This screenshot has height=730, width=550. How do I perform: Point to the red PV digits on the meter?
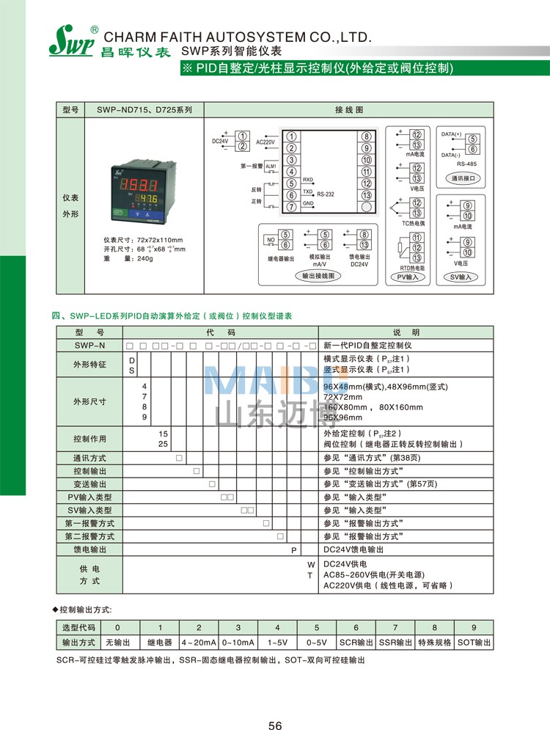tap(139, 184)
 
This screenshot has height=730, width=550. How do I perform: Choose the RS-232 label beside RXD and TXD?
tap(326, 194)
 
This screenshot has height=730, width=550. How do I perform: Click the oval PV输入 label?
tap(408, 277)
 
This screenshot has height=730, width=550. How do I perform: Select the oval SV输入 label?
tap(461, 277)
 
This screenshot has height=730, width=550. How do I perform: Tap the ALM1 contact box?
tap(271, 167)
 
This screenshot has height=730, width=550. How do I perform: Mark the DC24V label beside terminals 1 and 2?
tap(221, 140)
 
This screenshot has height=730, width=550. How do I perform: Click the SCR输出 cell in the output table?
tap(356, 643)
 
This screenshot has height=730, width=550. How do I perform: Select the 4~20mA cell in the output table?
tap(198, 643)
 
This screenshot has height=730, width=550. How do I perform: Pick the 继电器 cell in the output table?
tap(159, 643)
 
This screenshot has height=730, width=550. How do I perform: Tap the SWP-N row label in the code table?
tap(89, 345)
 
